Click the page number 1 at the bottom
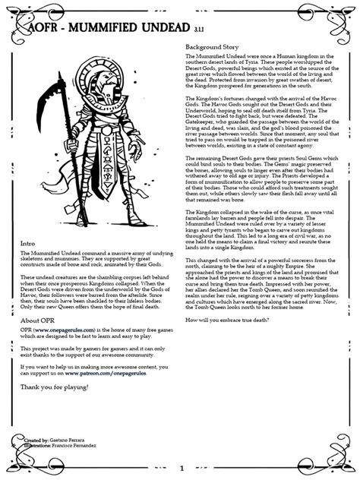tap(182, 469)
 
